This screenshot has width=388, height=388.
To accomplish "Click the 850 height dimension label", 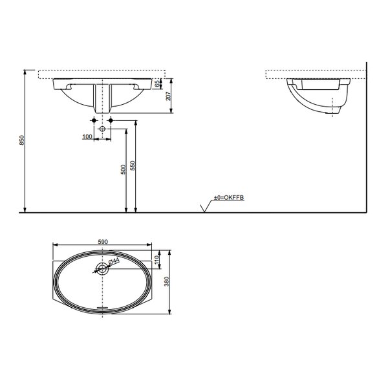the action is [22, 140].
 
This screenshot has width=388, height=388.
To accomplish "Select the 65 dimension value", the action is [157, 84].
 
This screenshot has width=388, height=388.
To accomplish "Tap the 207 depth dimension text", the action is [168, 96].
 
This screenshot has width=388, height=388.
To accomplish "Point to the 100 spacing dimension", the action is [87, 136].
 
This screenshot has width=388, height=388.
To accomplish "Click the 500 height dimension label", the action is [123, 169].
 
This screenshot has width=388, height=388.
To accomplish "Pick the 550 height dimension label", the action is [133, 166].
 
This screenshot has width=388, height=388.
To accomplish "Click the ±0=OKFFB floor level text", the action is [229, 197].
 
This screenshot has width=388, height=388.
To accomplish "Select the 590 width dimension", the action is [103, 241].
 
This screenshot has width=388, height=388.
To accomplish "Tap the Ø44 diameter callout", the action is [114, 261].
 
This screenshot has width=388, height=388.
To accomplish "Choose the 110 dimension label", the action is [156, 260].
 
